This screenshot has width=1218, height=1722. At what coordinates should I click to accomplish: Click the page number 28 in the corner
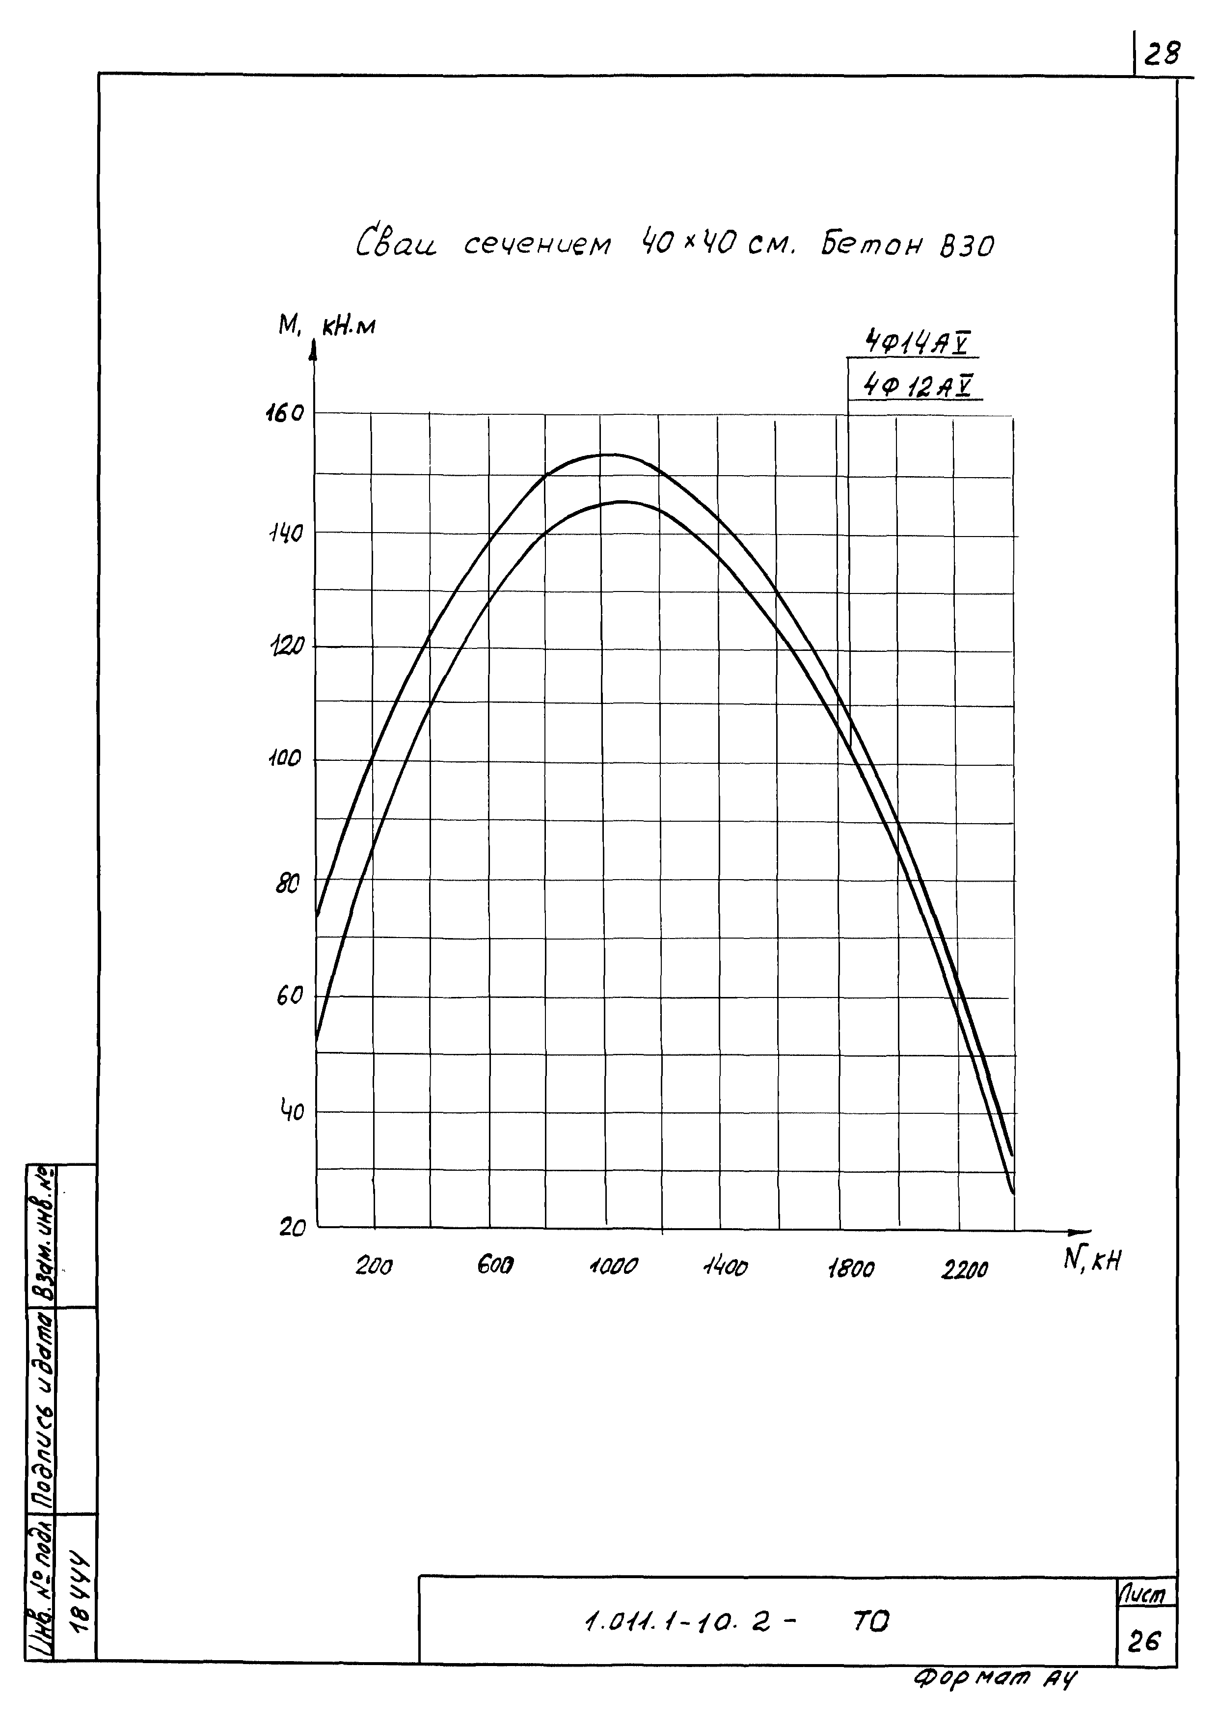click(1162, 54)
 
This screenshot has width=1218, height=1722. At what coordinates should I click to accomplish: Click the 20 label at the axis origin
click(293, 1229)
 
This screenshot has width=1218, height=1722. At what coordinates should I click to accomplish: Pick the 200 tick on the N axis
click(374, 1267)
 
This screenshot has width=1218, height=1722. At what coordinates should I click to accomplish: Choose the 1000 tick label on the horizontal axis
click(613, 1267)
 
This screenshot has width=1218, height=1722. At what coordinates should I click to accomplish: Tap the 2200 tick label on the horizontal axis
click(965, 1270)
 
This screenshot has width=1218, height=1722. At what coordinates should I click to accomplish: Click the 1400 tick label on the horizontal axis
click(725, 1267)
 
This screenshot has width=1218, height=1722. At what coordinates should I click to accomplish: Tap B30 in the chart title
click(967, 246)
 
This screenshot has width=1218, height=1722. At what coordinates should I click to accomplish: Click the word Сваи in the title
click(396, 243)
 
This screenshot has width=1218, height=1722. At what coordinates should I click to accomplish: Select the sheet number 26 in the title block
click(1144, 1642)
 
